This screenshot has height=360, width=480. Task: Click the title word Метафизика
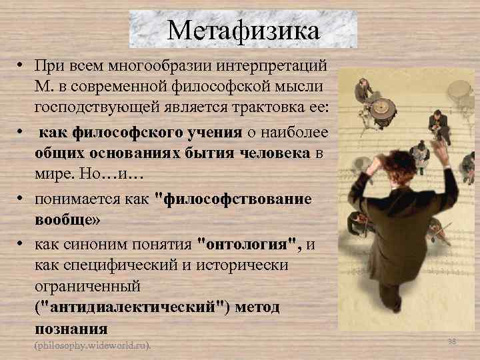point(243,30)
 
